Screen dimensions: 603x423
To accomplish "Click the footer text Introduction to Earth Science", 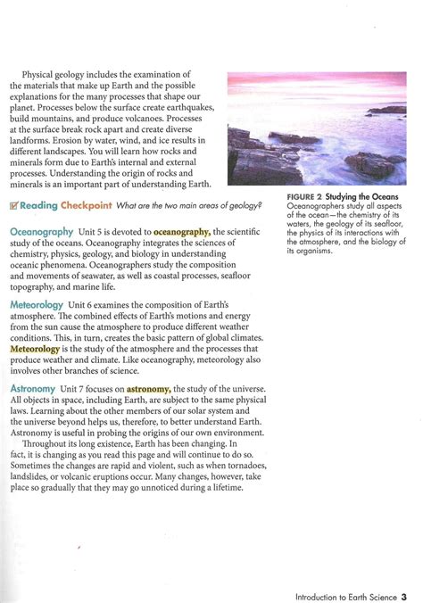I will pos(344,572).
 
